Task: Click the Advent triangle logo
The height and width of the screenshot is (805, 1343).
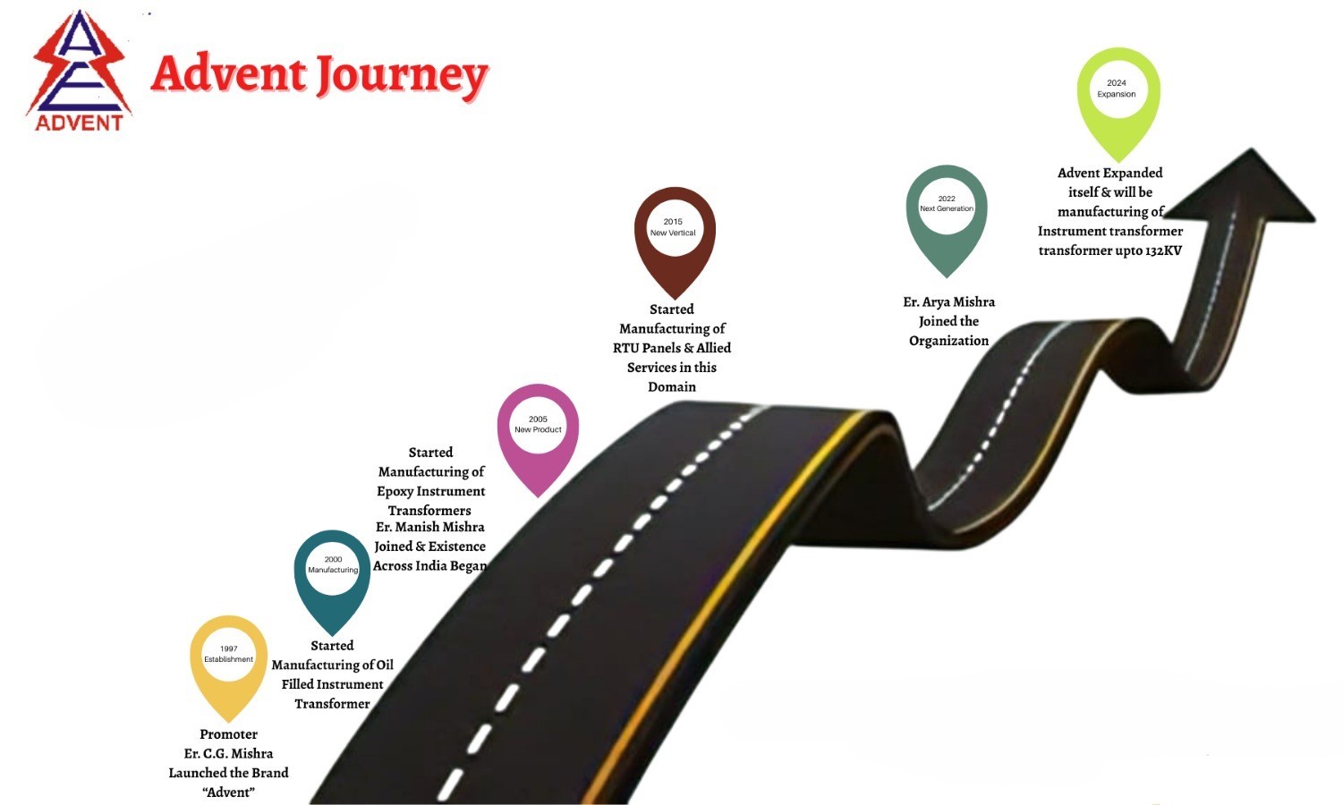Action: coord(79,71)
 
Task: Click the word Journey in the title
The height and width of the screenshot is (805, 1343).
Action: coord(402,76)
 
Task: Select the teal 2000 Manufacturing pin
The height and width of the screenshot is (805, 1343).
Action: coord(332,582)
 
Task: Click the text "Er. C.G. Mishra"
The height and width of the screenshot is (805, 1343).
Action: coord(228,753)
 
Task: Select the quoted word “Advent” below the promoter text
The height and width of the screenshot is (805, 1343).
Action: coord(228,792)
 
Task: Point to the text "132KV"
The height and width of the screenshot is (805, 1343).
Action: coord(1163,250)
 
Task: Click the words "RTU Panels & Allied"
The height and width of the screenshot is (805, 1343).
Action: coord(671,348)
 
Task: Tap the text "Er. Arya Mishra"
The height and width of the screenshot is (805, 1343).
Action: coord(948,302)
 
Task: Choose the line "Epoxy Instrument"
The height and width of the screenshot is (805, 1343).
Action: coord(430,492)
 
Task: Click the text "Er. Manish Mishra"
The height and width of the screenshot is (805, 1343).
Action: coord(429,527)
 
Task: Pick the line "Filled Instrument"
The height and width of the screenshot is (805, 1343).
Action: coord(332,684)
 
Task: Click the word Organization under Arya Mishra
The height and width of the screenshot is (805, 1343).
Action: coord(948,341)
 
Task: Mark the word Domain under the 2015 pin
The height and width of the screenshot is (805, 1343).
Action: coord(671,386)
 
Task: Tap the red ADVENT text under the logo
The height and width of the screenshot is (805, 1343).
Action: coord(79,123)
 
